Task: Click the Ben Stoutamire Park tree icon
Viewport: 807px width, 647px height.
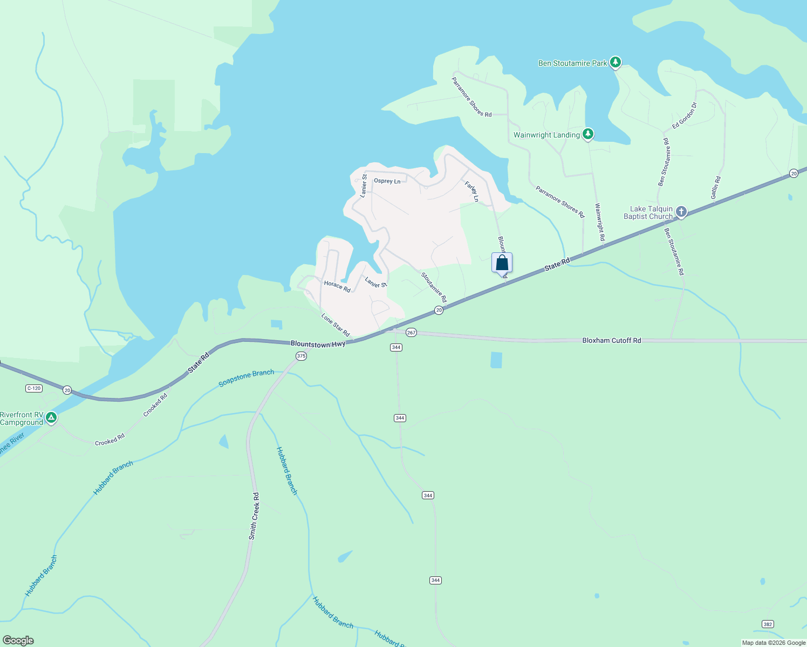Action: point(615,62)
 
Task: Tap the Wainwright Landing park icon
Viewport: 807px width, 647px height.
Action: point(588,134)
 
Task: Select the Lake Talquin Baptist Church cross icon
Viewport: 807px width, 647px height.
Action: point(681,211)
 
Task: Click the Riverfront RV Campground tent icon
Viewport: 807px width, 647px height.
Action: point(51,417)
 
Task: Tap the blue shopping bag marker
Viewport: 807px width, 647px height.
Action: point(502,263)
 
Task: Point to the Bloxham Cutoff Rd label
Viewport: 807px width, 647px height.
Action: point(612,341)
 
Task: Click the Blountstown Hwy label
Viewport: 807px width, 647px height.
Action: point(318,344)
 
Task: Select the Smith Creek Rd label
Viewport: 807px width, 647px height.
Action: point(254,516)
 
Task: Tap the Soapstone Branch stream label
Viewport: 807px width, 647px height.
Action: point(246,378)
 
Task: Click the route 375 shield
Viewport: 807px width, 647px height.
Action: point(301,356)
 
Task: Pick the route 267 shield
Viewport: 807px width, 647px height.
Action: point(411,333)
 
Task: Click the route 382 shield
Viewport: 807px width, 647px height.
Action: point(768,624)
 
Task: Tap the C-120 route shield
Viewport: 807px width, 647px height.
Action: point(33,388)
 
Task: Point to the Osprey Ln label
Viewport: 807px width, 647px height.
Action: point(387,181)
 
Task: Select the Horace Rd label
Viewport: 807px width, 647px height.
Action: point(337,286)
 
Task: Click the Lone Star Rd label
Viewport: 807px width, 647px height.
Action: point(336,325)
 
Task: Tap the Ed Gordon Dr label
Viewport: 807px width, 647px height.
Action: point(684,115)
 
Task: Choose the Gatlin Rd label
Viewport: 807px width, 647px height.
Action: point(716,188)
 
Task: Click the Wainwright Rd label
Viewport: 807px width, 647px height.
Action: point(599,222)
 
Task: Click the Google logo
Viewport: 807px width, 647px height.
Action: point(18,641)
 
